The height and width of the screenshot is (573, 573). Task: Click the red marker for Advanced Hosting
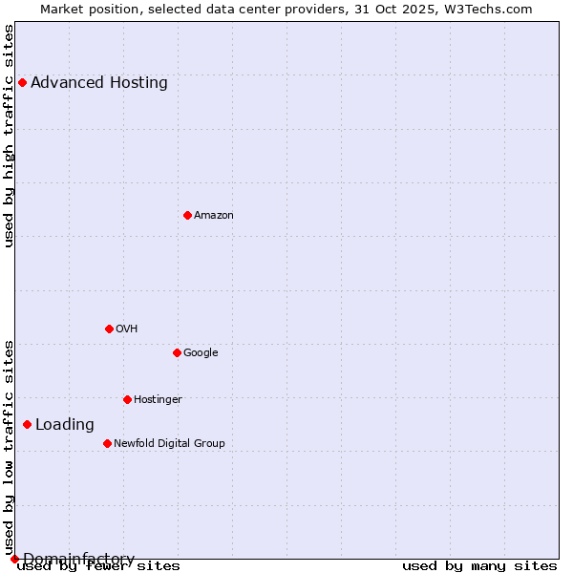coord(22,82)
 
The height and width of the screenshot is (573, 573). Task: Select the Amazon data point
coord(187,215)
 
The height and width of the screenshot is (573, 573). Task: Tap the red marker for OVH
coord(109,329)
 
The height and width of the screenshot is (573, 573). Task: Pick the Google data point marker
coord(177,352)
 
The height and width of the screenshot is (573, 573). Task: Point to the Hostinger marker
coord(127,399)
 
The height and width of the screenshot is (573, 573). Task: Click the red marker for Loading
coord(27,424)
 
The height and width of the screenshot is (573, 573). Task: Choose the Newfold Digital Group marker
coord(107,443)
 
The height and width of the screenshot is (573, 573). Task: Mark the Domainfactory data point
coord(14,559)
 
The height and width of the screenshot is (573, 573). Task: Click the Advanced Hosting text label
coord(99,82)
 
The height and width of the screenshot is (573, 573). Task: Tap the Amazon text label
coord(214,215)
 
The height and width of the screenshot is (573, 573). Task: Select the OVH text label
coord(127,329)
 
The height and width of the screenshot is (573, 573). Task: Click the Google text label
coord(201,352)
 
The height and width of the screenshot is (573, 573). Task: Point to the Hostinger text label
coord(158,399)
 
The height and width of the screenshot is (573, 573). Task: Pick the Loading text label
coord(65,424)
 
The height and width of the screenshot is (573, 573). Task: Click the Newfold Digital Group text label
coord(169,443)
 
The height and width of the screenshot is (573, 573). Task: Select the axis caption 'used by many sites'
coord(479,565)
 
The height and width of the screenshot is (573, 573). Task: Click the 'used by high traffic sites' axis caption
coord(9,136)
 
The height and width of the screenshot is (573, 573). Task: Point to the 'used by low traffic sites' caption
coord(9,447)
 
